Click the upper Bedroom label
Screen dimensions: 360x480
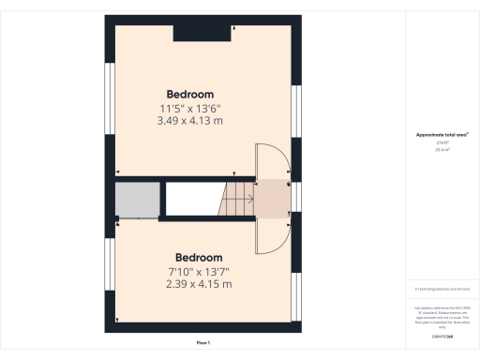(190, 94)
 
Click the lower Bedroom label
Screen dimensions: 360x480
(199, 258)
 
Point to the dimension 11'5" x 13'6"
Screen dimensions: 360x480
(190, 108)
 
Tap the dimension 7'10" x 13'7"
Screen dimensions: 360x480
(199, 271)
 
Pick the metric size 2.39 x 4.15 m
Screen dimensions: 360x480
(199, 284)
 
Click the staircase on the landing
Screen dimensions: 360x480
(237, 198)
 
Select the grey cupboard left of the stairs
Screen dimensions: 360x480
(136, 199)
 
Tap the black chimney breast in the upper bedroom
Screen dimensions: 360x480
(202, 33)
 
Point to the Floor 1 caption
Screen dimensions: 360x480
(203, 344)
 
